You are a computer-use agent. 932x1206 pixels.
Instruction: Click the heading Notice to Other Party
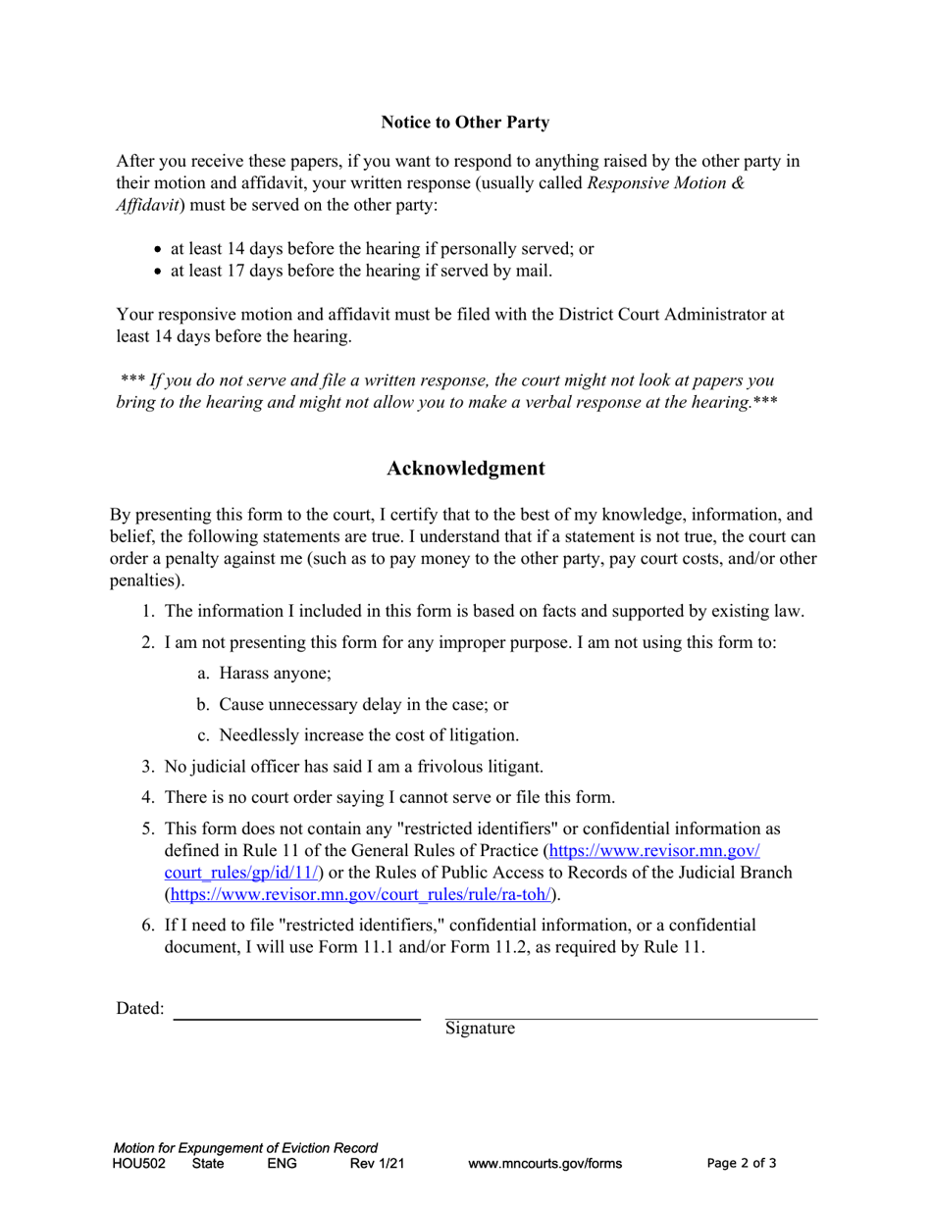465,123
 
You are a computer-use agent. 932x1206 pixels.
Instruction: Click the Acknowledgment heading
465,468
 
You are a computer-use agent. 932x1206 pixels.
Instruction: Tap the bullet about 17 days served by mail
361,271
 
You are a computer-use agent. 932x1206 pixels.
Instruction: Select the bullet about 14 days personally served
382,248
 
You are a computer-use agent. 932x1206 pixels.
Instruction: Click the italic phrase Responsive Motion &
665,183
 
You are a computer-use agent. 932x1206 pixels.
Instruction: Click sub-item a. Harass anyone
275,674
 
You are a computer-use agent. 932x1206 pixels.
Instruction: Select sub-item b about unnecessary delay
363,704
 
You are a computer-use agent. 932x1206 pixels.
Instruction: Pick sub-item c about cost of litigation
368,734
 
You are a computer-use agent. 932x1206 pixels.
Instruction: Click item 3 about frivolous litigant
353,766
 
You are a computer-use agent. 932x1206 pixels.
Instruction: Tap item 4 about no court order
389,797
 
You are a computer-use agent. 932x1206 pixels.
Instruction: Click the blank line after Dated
296,1019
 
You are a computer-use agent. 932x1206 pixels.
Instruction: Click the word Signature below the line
480,1029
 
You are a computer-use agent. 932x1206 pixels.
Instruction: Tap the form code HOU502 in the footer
138,1164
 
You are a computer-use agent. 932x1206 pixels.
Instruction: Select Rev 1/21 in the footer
377,1164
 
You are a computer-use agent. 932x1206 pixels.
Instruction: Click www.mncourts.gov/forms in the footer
545,1164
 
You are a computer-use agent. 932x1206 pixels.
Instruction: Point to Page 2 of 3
742,1164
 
